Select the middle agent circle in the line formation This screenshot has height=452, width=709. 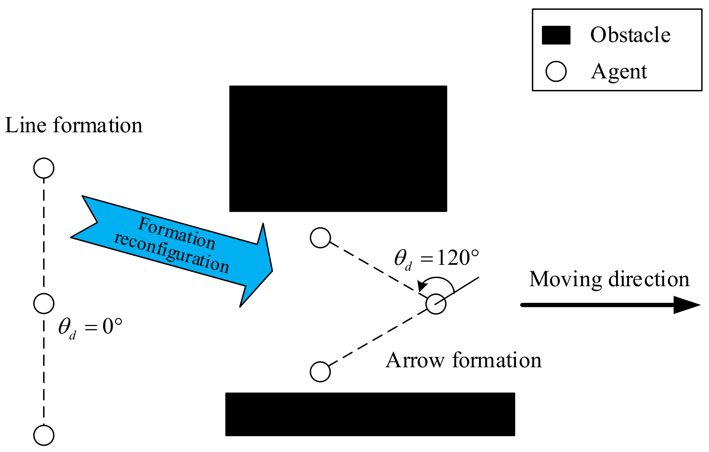44,303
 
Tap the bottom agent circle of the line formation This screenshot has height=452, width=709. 44,435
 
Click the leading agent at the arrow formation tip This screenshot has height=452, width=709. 436,304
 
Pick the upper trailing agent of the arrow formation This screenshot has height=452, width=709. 320,238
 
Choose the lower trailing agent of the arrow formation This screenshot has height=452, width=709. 320,372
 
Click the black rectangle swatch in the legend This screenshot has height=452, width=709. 556,35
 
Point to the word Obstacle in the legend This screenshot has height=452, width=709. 630,35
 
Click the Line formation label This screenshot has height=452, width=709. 74,126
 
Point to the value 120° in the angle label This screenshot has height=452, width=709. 458,258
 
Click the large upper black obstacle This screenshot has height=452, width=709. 338,149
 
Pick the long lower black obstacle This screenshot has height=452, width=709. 370,414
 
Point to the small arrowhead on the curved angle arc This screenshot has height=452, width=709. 422,285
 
